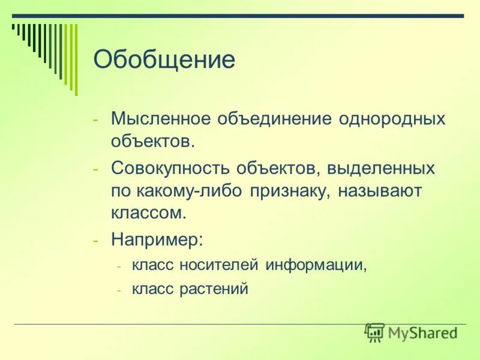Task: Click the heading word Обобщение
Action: (164, 60)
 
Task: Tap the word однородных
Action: (392, 118)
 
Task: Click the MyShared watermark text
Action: (422, 332)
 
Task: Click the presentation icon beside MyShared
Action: (374, 332)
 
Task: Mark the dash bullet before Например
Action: (97, 241)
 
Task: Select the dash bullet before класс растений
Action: (119, 290)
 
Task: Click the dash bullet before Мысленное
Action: (97, 118)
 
